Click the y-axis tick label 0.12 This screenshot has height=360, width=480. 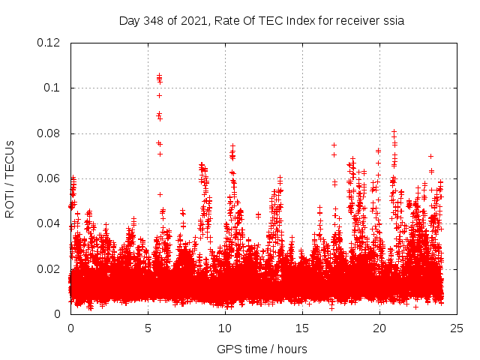tap(49, 43)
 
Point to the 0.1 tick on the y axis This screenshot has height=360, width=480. tap(55, 88)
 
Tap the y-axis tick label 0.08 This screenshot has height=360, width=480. tap(49, 133)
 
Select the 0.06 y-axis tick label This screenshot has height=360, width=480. tap(49, 178)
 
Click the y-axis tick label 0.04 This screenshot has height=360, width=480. tap(49, 223)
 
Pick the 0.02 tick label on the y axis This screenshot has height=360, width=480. tap(49, 269)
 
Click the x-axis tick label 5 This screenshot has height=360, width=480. tap(148, 328)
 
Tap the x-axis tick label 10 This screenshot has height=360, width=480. tap(225, 328)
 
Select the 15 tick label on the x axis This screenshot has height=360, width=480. tap(302, 328)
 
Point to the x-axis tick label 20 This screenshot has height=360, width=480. tap(379, 328)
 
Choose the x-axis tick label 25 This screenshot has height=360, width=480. tap(457, 328)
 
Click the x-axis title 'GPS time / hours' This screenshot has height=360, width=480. tap(262, 349)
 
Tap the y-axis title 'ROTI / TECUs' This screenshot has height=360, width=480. tap(10, 178)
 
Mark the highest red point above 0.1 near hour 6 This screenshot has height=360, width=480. tap(159, 75)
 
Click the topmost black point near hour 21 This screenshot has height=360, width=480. tap(394, 131)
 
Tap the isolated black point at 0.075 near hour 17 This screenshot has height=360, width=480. tap(334, 145)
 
